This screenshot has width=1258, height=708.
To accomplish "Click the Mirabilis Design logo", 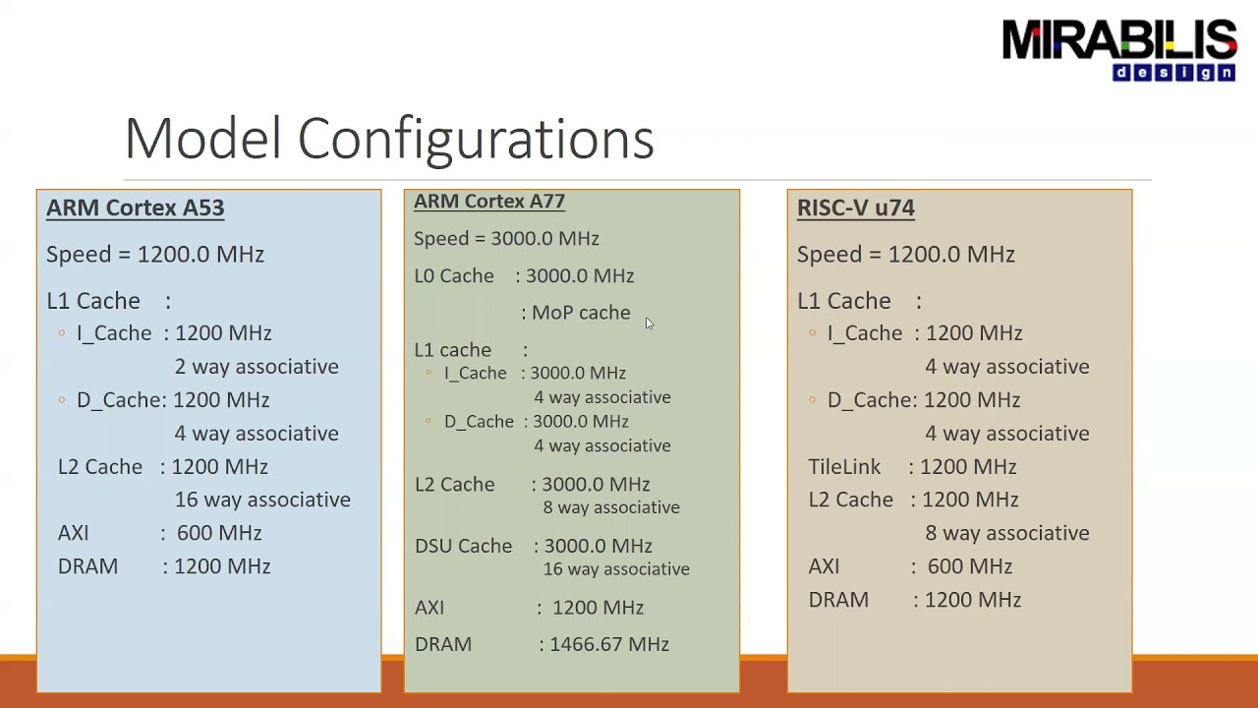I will pos(1118,50).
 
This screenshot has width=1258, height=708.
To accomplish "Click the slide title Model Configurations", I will pos(389,138).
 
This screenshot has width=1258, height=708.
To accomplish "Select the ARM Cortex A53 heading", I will pos(135,207).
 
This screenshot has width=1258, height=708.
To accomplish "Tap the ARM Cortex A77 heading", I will pos(488,202).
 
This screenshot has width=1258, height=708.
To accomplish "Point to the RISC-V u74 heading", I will pos(855,207).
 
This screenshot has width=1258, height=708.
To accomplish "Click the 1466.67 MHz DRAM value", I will pos(609,644).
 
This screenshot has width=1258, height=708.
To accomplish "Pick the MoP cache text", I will pos(580,313).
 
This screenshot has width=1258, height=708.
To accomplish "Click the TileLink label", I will pos(844,467).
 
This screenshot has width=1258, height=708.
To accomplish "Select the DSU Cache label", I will pos(463,546).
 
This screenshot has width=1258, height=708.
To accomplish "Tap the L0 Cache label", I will pos(453,276).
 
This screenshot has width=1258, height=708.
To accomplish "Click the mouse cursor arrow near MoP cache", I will pos(649,324).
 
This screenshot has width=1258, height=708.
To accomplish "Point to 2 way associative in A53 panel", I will pos(257,367).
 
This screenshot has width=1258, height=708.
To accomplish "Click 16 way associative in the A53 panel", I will pos(262,500).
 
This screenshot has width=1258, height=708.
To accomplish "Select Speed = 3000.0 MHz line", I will pos(506,239).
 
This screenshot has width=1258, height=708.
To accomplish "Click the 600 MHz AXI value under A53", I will pos(219,533).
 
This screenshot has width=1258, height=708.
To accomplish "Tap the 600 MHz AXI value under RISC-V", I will pos(969,566).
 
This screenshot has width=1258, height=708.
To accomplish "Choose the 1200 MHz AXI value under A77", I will pos(598,608).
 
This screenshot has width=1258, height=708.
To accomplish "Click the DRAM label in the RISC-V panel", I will pos(838,600).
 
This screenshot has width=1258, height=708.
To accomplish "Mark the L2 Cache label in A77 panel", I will pos(454,485).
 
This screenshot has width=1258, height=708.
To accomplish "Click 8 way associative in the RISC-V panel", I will pos(1006,533).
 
